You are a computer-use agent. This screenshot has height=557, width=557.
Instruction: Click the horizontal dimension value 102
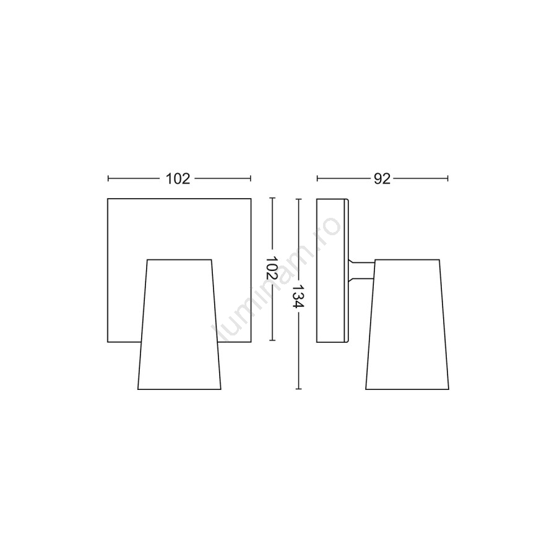(x=178, y=179)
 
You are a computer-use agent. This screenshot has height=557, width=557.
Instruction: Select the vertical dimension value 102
(x=272, y=267)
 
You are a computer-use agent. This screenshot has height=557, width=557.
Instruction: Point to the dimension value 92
(x=382, y=179)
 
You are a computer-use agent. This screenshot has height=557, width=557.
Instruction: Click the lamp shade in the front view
(x=179, y=324)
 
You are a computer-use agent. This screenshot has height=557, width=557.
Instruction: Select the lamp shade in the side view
(x=407, y=324)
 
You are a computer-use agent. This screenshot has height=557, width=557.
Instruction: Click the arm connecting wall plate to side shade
(x=361, y=270)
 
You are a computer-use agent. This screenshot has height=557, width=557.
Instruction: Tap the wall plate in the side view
(x=333, y=270)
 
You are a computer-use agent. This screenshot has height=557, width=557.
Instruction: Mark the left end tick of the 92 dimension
(x=317, y=178)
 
